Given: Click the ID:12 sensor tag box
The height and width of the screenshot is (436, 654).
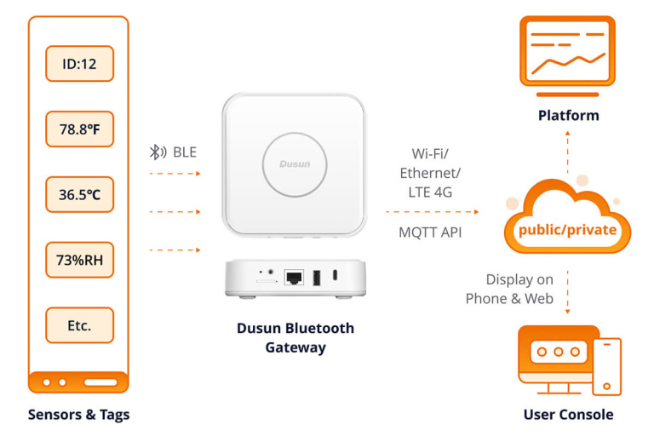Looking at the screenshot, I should click(79, 64).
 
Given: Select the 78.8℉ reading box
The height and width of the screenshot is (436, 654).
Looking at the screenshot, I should click(79, 129).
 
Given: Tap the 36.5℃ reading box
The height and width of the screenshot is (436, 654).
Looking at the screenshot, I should click(79, 194).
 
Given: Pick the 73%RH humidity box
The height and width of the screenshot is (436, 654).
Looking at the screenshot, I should click(79, 260).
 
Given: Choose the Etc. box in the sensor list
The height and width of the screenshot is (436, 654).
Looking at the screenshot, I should click(79, 324).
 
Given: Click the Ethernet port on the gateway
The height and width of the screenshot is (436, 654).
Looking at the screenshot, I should click(294, 277).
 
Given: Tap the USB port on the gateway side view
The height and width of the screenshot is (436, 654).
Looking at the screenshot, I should click(317, 277).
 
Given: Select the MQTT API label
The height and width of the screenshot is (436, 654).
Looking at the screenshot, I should click(430, 232).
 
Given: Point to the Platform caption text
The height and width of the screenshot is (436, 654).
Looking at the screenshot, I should click(568, 115).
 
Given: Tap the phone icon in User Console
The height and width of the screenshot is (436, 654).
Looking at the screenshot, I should click(606, 366).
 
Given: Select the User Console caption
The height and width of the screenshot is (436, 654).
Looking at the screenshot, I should click(568, 415).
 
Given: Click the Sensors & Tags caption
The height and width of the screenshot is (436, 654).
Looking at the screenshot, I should click(78, 415).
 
